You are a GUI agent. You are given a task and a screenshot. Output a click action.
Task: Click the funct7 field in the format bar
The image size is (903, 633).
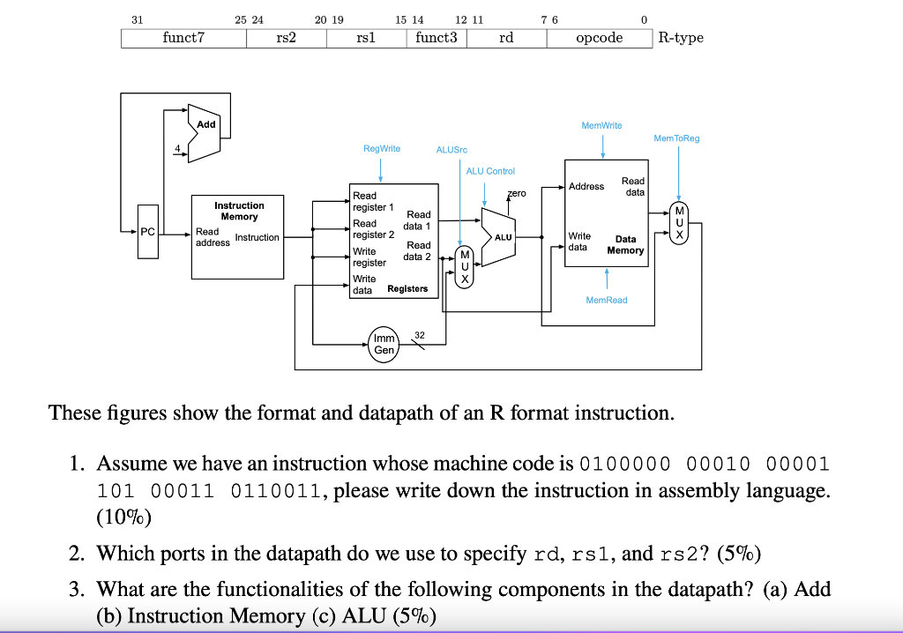coord(183,38)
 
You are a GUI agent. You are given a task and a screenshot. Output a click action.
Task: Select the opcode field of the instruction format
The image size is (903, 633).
coord(599,38)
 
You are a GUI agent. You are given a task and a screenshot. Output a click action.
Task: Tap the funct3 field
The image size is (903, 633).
coord(436,38)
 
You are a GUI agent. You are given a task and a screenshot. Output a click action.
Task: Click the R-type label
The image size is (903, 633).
coord(680,38)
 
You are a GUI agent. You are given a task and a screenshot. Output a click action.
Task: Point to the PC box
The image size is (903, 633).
coord(147,232)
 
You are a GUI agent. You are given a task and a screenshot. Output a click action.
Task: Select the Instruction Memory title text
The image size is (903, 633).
coord(239,211)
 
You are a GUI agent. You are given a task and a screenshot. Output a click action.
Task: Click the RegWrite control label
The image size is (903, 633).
coord(382,149)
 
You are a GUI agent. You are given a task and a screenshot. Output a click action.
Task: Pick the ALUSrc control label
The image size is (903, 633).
coord(451,150)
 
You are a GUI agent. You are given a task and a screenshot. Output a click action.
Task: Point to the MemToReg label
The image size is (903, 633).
coord(676,138)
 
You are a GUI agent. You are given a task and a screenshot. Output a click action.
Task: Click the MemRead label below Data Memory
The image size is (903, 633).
coord(607,301)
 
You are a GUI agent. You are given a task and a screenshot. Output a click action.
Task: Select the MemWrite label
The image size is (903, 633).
coord(601,126)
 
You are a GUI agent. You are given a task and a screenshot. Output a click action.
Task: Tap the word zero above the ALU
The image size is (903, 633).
coord(516,193)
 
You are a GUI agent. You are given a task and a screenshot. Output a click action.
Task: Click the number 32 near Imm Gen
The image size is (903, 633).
coord(419,334)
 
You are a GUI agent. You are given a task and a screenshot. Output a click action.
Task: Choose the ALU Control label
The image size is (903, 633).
coord(490,171)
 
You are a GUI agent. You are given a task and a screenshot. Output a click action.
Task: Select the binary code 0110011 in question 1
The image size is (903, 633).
coord(275,490)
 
